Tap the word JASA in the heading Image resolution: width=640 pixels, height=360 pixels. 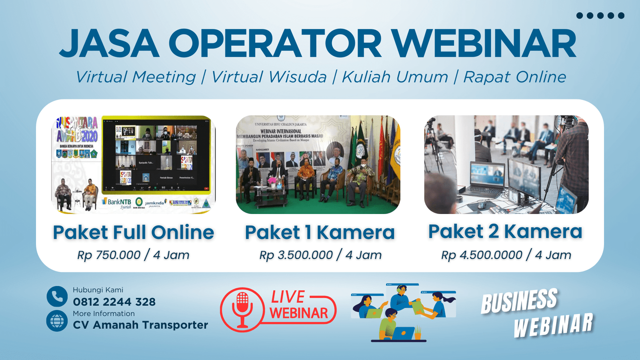pos(109,44)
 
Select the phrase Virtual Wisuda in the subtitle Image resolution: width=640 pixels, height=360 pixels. pos(269,77)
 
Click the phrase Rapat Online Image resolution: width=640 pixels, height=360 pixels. pos(515,77)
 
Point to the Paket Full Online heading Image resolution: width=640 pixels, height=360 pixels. pos(134,232)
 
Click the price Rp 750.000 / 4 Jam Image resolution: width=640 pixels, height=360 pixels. pos(134,255)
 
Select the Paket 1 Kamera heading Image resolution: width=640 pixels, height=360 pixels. pos(320,232)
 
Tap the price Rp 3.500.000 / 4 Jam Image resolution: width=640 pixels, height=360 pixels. pos(320,255)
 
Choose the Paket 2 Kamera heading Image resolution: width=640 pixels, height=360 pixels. pos(505,231)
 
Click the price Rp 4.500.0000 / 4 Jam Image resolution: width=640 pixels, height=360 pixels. pos(506,255)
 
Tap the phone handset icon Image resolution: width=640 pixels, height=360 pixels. pos(57,296)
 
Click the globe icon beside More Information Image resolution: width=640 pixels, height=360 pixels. pos(57,321)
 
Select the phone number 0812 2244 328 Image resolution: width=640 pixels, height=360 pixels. pos(114,302)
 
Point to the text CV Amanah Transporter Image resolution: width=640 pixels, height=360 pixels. pos(140,325)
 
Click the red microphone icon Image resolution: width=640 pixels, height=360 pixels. pos(242,309)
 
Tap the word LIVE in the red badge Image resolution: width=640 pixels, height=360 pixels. pos(288,297)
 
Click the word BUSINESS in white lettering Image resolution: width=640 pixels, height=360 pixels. pos(519,301)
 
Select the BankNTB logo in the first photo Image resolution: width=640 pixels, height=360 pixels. pos(119,202)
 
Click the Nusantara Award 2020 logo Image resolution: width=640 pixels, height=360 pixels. pos(77,130)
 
